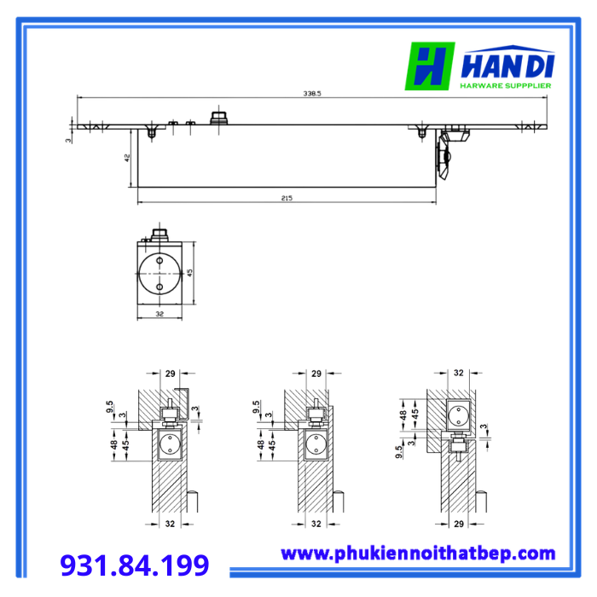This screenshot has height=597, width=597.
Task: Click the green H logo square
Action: point(430,66)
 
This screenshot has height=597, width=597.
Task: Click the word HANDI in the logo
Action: point(507,66)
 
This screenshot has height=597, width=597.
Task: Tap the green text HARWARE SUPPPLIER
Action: point(506,85)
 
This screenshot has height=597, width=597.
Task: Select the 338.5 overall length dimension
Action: point(312,93)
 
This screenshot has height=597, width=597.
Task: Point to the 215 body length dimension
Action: point(287,198)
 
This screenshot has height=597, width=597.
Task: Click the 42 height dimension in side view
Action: point(127,158)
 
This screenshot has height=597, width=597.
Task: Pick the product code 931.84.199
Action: point(135,565)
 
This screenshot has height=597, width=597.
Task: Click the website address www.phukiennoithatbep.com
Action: point(418,554)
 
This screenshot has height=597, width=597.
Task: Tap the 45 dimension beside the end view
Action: point(189,273)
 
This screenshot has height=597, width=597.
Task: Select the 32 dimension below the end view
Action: point(159,314)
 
